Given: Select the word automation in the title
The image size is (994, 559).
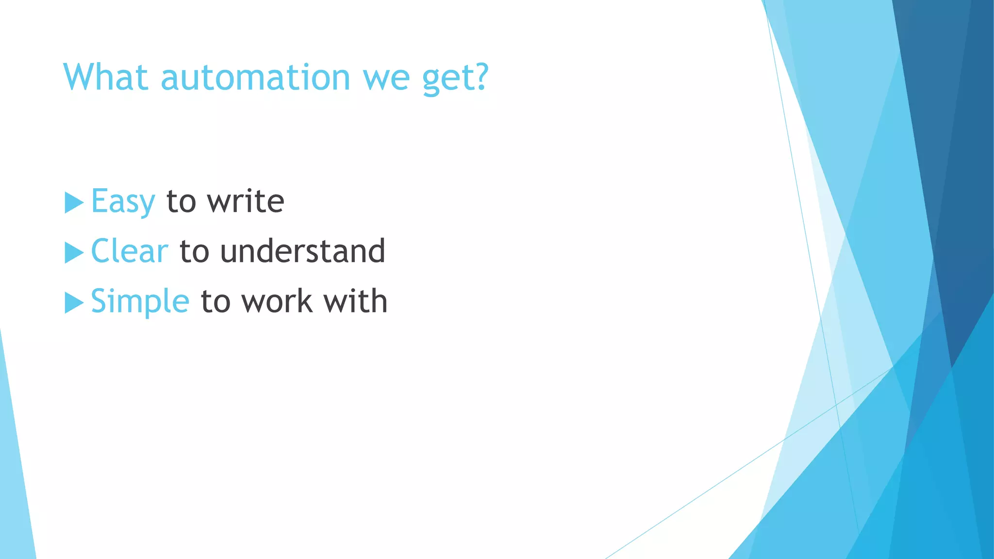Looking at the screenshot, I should pos(255,78).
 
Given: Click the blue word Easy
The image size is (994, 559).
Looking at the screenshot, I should pos(123,202).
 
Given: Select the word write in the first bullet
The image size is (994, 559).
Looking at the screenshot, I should pos(245,201).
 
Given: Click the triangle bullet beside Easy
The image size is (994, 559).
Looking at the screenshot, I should pos(73,202).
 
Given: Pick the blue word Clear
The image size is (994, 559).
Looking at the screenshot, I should pos(130,251).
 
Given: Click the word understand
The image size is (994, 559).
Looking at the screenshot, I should pos(302,251).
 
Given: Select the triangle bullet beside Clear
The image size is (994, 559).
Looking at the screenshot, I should pos(73,253).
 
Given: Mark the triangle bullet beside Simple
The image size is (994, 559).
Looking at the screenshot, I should pos(73,303).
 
